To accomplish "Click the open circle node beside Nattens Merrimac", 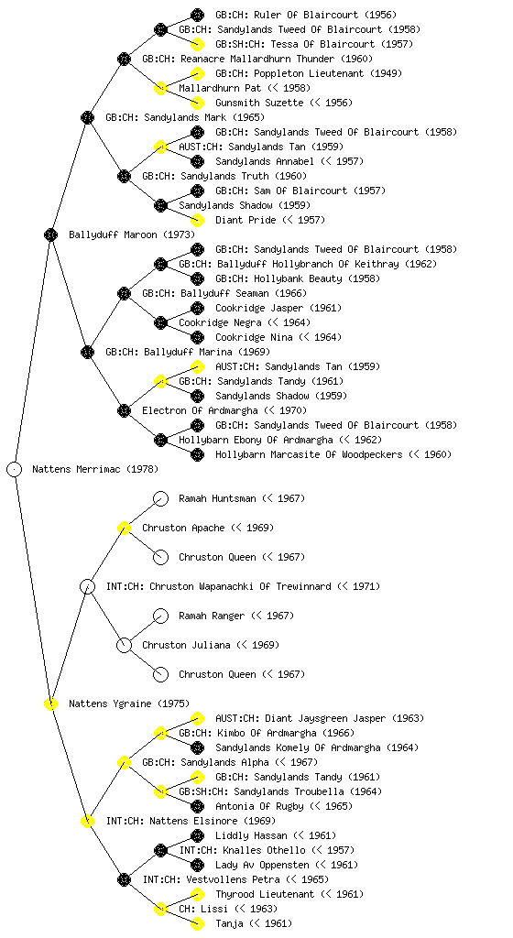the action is coord(15,469).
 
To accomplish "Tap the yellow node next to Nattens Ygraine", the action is coord(50,703).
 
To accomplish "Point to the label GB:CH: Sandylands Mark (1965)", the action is coord(185,117).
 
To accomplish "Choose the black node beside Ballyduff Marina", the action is coord(87,352).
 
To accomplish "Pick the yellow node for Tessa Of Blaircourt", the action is coord(197,44).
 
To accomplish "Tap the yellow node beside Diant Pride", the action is coord(197,220).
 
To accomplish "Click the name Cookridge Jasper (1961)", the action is coord(278,308).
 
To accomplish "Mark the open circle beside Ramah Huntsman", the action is coord(161,498).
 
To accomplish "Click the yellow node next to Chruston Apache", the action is coord(124,528).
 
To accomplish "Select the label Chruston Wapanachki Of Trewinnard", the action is coord(240,586).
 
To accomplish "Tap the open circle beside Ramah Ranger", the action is coord(161,616).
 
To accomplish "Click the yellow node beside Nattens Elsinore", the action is coord(87,821).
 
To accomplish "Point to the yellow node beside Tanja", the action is coord(197,923).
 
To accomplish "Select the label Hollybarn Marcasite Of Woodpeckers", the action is coord(309,454).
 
